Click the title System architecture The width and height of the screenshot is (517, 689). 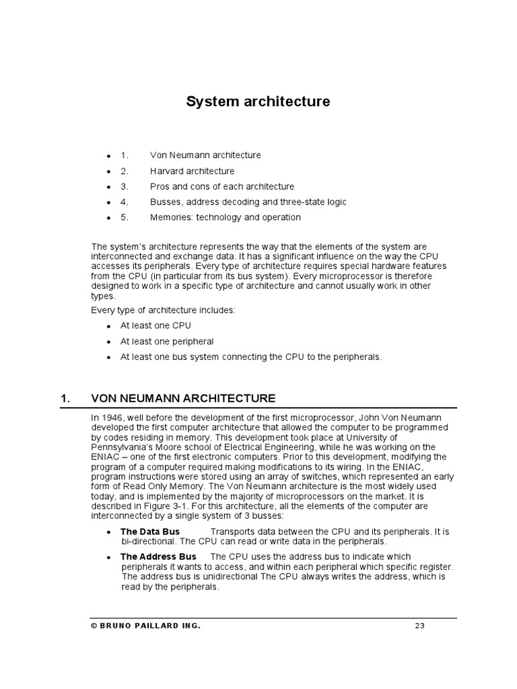[258, 102]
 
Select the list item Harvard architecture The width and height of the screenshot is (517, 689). [192, 171]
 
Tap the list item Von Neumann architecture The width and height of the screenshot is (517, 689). [205, 155]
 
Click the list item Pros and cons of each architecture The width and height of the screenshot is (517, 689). [221, 186]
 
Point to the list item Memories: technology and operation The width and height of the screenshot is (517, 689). [225, 217]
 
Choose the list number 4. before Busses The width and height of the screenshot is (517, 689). [124, 202]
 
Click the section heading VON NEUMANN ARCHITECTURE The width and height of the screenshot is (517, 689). [183, 398]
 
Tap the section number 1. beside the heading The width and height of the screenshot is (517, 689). [66, 398]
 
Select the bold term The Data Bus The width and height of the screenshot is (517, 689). [149, 532]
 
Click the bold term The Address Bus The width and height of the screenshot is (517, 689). [158, 556]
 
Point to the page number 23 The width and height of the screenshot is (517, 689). [419, 626]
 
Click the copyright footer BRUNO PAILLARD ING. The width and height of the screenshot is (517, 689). [145, 626]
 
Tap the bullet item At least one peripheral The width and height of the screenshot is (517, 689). [166, 341]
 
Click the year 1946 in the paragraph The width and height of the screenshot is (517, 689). [111, 418]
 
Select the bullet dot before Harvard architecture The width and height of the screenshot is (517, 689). [108, 172]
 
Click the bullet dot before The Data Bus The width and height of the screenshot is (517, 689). [108, 532]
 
